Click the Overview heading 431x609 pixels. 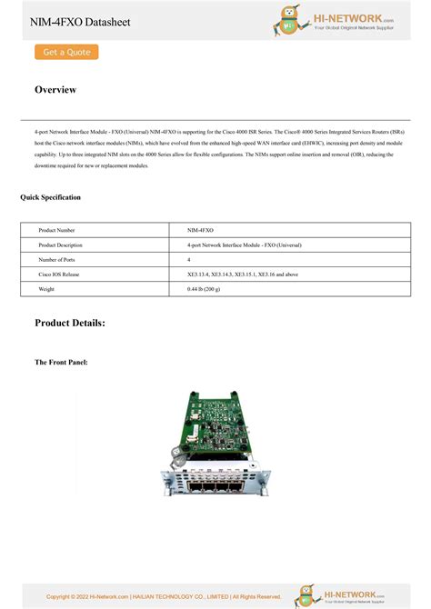click(55, 90)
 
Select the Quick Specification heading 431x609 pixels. click(50, 197)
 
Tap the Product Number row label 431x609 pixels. click(56, 231)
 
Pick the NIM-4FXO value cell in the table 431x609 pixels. click(201, 231)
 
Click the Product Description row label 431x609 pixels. click(60, 245)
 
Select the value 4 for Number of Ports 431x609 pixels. click(189, 260)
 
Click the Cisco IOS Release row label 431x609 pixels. click(59, 274)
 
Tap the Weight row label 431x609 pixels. click(46, 288)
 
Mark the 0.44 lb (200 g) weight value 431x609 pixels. click(205, 288)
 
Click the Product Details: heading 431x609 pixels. click(70, 323)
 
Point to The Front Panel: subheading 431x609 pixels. click(61, 363)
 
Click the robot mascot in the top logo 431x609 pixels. click(290, 21)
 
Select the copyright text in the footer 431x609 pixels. click(164, 596)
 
